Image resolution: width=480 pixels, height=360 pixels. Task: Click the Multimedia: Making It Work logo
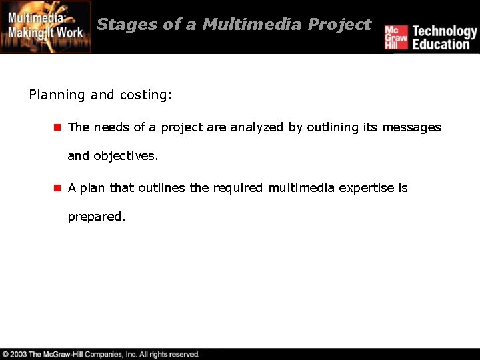(x=45, y=27)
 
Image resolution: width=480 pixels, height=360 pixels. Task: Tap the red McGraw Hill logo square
(x=395, y=37)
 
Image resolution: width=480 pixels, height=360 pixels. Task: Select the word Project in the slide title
(x=339, y=25)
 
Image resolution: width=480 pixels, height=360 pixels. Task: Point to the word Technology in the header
(x=444, y=31)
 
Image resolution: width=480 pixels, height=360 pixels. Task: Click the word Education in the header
(x=441, y=45)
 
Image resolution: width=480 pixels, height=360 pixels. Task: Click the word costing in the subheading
(x=144, y=95)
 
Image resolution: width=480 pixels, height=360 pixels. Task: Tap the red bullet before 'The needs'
(x=57, y=127)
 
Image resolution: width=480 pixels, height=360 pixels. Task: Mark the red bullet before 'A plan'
(x=57, y=188)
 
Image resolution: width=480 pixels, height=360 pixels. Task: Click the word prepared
(x=96, y=217)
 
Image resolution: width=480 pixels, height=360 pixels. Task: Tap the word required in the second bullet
(x=238, y=188)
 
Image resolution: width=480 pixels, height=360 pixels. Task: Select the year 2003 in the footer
(x=19, y=354)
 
